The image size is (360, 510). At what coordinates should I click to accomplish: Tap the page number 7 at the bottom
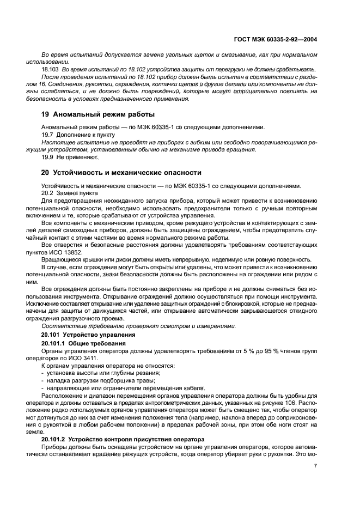coord(316,466)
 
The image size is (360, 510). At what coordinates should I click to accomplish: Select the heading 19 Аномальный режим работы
coord(98,114)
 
